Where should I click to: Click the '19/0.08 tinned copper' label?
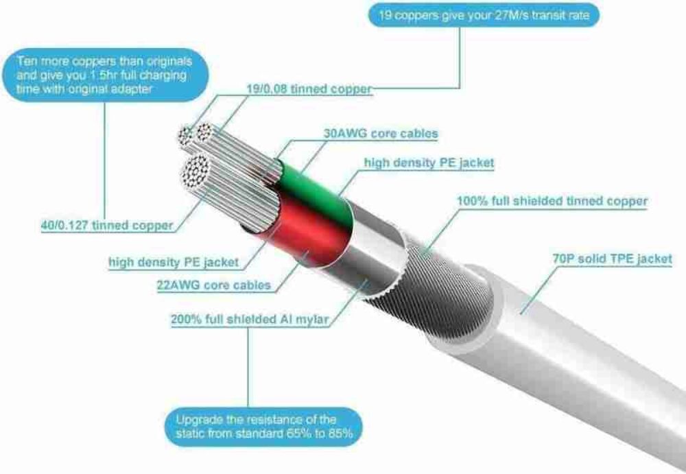309,89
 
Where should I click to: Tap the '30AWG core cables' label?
381,134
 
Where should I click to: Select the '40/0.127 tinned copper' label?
107,226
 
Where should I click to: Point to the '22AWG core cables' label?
214,285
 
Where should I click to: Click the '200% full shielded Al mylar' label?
250,319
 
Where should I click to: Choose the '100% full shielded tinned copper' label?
552,201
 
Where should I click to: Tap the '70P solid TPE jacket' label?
612,259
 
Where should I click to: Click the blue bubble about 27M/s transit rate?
484,15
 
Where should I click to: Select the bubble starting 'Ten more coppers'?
105,75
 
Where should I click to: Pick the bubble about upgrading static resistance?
264,427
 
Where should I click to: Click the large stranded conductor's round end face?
196,173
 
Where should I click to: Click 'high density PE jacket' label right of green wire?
429,163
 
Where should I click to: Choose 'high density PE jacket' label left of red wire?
174,262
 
